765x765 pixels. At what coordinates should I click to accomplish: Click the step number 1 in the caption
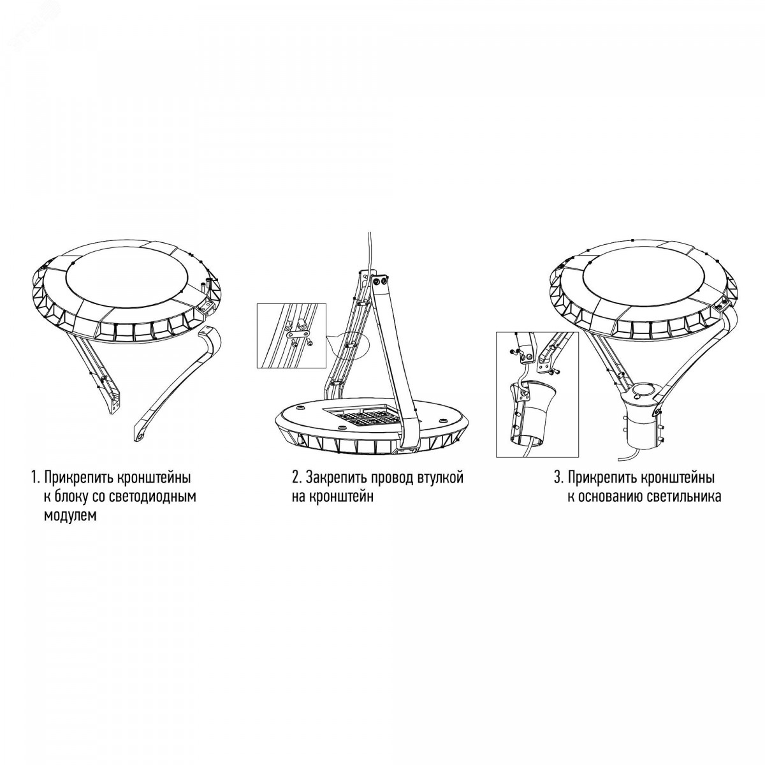[x=34, y=478]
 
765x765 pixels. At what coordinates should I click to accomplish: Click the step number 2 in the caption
[x=295, y=477]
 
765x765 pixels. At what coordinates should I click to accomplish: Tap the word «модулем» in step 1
[x=70, y=516]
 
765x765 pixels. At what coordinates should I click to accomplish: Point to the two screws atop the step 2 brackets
[x=379, y=281]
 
